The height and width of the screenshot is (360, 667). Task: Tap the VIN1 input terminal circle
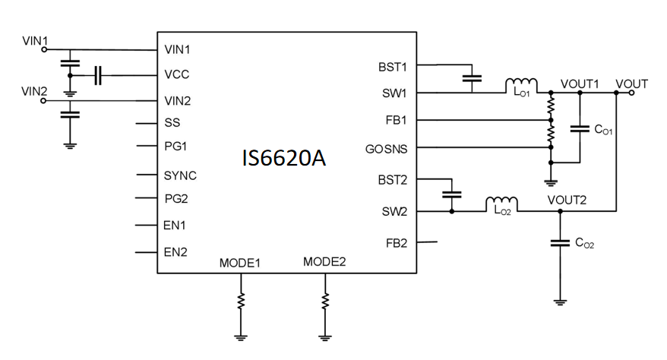click(43, 49)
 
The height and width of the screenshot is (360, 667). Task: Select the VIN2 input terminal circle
click(43, 100)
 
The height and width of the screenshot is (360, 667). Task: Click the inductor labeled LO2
click(501, 204)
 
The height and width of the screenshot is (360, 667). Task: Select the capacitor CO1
click(580, 129)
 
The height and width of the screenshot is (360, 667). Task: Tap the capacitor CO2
click(560, 243)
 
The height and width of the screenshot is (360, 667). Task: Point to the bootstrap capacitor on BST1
click(471, 77)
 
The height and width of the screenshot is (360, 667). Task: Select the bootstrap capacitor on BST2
click(452, 194)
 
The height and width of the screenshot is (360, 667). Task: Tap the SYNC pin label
click(180, 175)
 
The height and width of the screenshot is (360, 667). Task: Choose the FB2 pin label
click(396, 243)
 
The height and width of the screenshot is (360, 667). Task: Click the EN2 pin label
click(175, 252)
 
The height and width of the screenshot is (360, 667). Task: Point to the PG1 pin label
click(175, 146)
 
